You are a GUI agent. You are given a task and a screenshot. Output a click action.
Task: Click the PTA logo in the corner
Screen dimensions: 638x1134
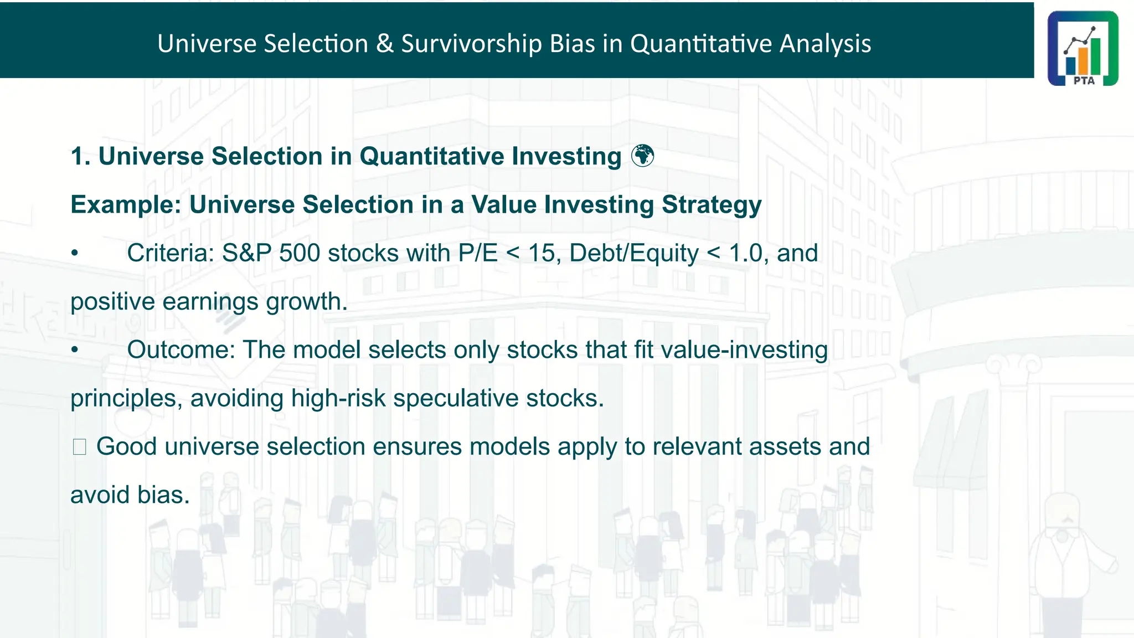tap(1083, 48)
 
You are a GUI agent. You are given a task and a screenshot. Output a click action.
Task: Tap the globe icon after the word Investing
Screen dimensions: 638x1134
tap(643, 156)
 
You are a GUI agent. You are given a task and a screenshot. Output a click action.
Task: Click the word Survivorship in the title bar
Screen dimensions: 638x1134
tap(471, 43)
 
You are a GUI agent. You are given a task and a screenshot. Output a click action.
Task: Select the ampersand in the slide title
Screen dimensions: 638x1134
tap(384, 43)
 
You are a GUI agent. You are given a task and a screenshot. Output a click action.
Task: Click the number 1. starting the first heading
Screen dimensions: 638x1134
tap(80, 156)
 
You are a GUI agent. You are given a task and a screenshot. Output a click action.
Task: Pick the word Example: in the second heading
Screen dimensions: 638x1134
tap(126, 204)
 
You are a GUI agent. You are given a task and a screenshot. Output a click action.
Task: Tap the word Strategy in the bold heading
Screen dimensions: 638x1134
tap(712, 204)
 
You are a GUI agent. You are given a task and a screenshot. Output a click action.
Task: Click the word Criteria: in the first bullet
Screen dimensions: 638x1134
tap(170, 253)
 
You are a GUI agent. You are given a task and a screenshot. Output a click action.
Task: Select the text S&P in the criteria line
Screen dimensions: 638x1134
tap(246, 253)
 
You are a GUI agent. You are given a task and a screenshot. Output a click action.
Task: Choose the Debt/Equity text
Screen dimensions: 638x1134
tap(633, 253)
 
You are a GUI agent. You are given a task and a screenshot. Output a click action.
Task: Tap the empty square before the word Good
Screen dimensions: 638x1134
tap(79, 447)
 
